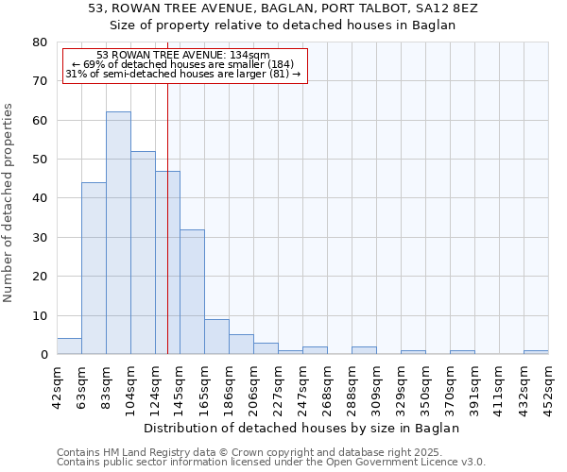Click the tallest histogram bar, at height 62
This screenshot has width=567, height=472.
(118, 233)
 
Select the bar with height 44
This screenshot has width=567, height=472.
(94, 268)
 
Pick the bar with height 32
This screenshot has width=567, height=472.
(192, 292)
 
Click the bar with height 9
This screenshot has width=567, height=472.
(216, 337)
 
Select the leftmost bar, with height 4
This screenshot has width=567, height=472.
(69, 346)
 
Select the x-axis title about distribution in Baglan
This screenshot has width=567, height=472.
(302, 428)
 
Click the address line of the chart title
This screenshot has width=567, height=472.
(283, 8)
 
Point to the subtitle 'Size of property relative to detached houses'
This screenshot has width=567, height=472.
(283, 25)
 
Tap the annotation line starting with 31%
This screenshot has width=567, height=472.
(183, 74)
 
